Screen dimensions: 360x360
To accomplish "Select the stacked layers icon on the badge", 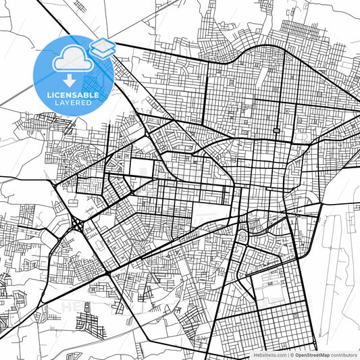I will (x=103, y=48).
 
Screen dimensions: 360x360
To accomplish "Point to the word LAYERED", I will (x=74, y=103).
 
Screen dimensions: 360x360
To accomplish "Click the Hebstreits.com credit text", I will (x=268, y=354).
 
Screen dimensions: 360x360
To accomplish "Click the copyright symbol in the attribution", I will (x=292, y=354).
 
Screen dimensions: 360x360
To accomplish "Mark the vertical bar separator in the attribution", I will (x=287, y=354).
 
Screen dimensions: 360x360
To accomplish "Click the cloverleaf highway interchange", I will (x=77, y=224).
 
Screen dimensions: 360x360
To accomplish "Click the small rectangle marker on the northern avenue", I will (x=276, y=130).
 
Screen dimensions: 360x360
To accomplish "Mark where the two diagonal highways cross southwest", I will (x=108, y=273).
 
